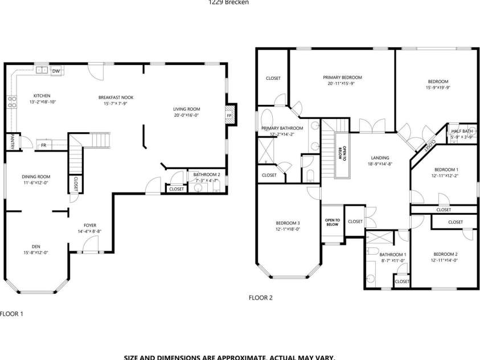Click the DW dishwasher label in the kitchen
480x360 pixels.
(x=56, y=71)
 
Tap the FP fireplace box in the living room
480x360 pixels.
(x=229, y=116)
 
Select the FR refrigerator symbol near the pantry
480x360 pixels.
(x=43, y=145)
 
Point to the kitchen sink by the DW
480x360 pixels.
(x=42, y=71)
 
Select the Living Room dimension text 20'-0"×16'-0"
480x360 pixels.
(x=186, y=114)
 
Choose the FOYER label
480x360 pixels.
(x=90, y=225)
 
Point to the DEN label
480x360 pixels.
(x=35, y=246)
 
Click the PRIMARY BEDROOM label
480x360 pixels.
(x=342, y=77)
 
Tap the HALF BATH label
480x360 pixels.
(x=462, y=130)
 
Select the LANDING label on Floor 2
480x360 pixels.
(x=380, y=158)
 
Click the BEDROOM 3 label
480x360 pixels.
(x=288, y=223)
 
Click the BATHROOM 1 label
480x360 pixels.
(x=392, y=254)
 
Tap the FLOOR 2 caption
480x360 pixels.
(x=261, y=297)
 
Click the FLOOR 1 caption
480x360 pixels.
(x=11, y=313)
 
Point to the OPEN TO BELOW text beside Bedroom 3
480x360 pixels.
(x=332, y=222)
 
